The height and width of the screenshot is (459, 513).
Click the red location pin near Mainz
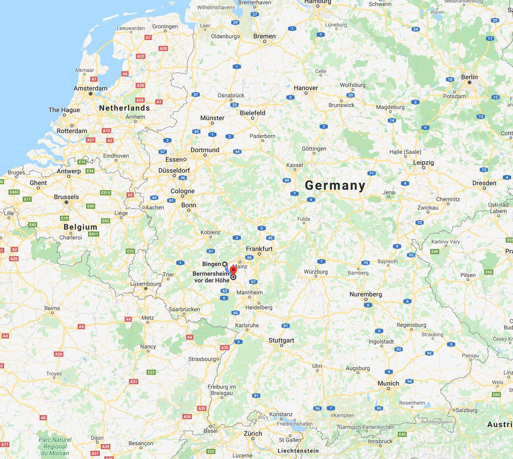(x=233, y=270)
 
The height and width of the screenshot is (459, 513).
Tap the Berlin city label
(x=469, y=77)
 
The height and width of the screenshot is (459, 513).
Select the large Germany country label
(x=335, y=185)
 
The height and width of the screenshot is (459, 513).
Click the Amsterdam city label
(x=90, y=88)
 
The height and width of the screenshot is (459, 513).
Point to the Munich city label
(x=388, y=383)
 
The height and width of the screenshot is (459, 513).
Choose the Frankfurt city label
(x=259, y=249)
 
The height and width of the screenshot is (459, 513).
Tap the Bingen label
(x=212, y=264)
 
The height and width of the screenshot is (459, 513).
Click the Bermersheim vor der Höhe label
(x=211, y=277)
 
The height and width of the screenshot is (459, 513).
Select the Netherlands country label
(x=124, y=108)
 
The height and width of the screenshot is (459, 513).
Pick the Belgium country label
(x=80, y=227)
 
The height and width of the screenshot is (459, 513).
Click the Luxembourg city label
(x=146, y=284)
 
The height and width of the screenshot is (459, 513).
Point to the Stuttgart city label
(x=281, y=340)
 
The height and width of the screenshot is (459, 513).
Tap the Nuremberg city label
(x=366, y=294)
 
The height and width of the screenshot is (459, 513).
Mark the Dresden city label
(x=484, y=183)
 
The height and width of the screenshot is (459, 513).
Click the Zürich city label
(x=253, y=433)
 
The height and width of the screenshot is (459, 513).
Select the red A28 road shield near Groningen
(x=163, y=48)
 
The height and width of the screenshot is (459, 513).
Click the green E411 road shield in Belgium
(x=94, y=234)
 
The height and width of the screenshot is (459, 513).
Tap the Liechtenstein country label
(x=298, y=451)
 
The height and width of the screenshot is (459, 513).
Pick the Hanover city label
(x=306, y=88)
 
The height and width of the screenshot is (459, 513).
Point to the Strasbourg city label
(x=202, y=359)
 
